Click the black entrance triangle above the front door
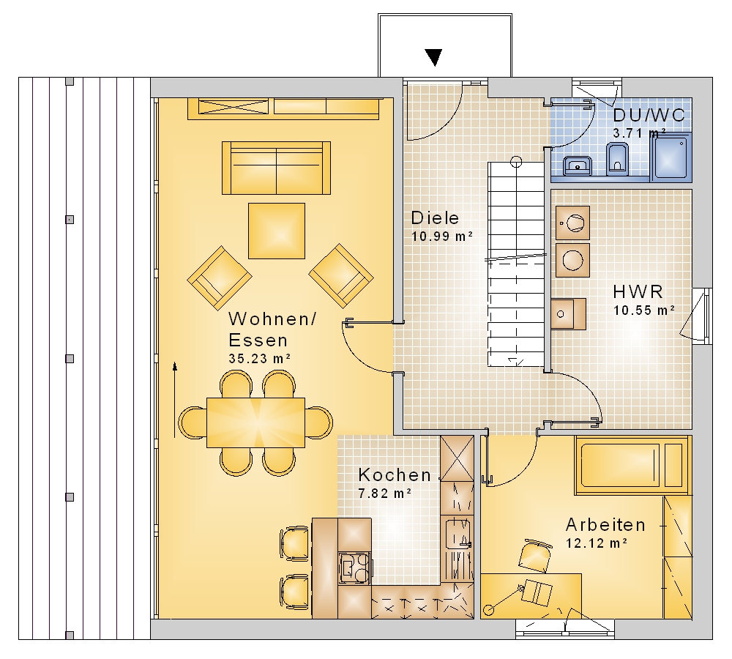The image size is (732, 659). [x=434, y=57]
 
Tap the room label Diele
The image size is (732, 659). [x=435, y=218]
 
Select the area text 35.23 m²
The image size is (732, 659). [x=260, y=358]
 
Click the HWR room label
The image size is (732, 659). [x=638, y=292]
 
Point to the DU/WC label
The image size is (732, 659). [x=649, y=115]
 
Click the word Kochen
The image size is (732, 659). [x=395, y=475]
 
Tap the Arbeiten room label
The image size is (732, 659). [x=605, y=525]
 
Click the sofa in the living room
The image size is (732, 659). [x=277, y=168]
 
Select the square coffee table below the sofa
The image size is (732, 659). [x=277, y=231]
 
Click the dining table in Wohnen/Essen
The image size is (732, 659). [x=255, y=422]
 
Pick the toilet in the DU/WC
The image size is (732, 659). [x=617, y=159]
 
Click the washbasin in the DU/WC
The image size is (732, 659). [x=578, y=165]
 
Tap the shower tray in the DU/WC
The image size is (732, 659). [x=671, y=157]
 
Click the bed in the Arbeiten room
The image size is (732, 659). [x=632, y=465]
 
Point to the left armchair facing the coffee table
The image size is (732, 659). [x=220, y=278]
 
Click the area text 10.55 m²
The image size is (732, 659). [x=643, y=310]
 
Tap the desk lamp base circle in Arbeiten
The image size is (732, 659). [x=489, y=609]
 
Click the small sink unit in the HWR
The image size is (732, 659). [x=569, y=314]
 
